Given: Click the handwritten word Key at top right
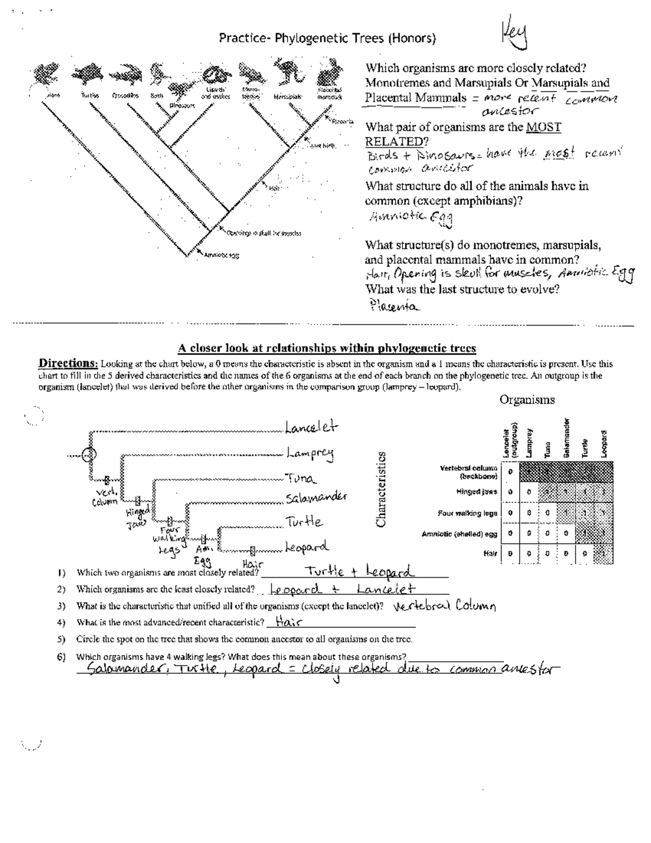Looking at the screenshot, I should click(514, 38).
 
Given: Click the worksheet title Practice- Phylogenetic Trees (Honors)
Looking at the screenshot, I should click(327, 39).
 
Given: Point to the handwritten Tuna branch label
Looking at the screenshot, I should click(300, 479).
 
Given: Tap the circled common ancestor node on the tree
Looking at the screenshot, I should click(88, 455).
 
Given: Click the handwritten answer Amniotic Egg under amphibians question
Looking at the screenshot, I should click(411, 218).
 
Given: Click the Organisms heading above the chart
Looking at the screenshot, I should click(527, 400).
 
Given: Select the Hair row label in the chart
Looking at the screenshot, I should click(490, 554).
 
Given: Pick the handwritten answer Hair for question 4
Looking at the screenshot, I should click(289, 622).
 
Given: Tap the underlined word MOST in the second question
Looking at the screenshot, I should click(544, 128).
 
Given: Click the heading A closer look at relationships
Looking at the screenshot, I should click(327, 348).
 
